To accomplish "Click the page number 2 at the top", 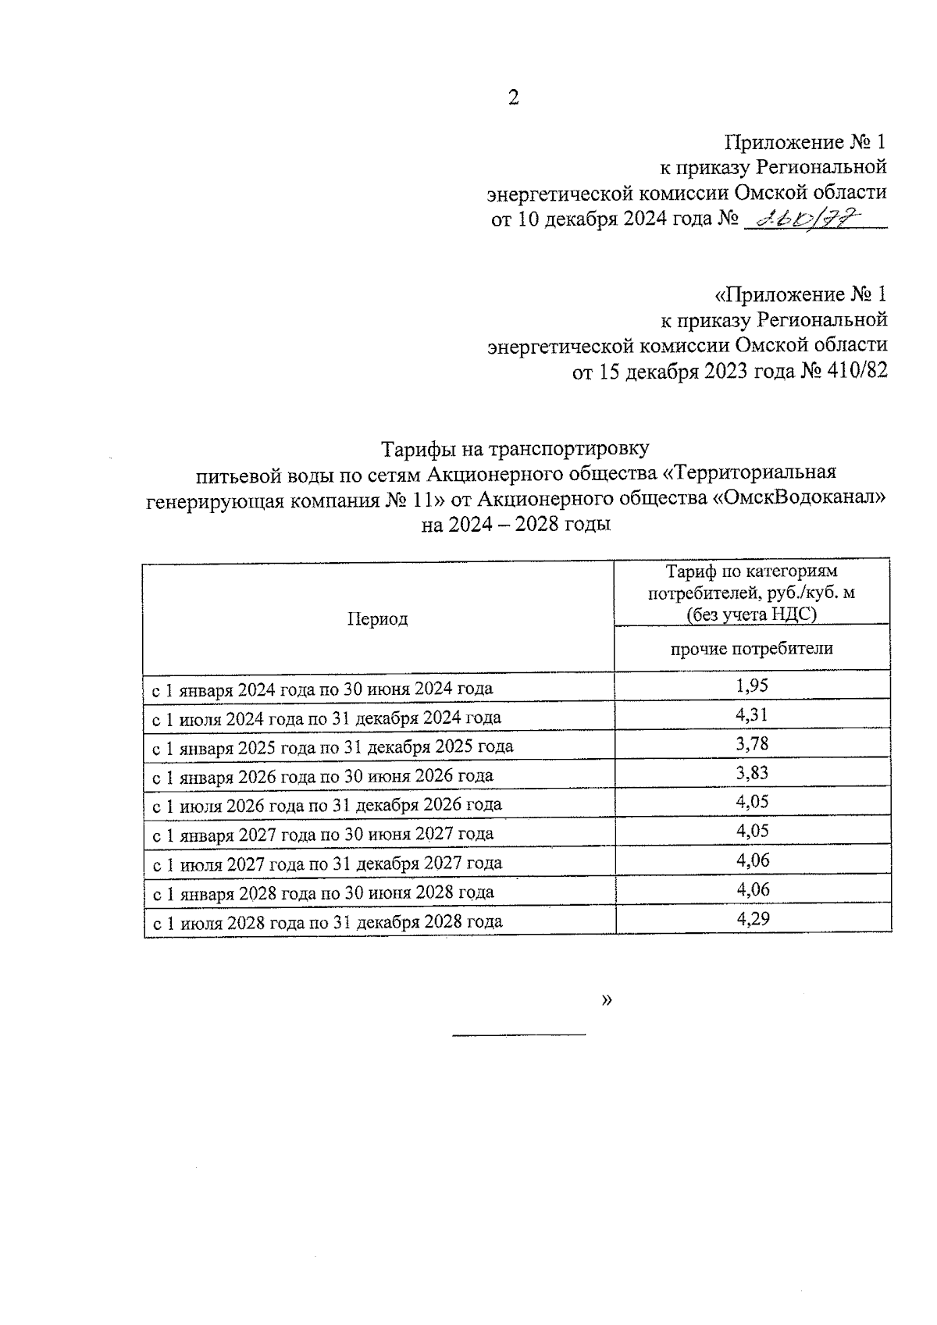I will point(513,98).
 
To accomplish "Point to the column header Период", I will point(378,619).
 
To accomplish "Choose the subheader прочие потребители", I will point(752,648).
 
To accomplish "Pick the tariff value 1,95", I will point(752,686).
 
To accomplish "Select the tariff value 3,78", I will point(752,744).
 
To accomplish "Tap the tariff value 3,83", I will point(752,773).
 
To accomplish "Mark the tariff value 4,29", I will point(753,919).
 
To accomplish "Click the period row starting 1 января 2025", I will point(333,746).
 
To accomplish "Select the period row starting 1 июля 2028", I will point(326,922).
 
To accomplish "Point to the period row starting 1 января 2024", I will point(322,689).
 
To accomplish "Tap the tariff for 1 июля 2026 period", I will point(752,802).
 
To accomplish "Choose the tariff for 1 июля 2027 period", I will point(753,860).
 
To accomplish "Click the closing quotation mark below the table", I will point(607,1000).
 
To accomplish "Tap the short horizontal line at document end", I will point(519,1035).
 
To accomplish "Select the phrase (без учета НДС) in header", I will point(751,614).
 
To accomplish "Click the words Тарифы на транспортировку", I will point(515,449).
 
